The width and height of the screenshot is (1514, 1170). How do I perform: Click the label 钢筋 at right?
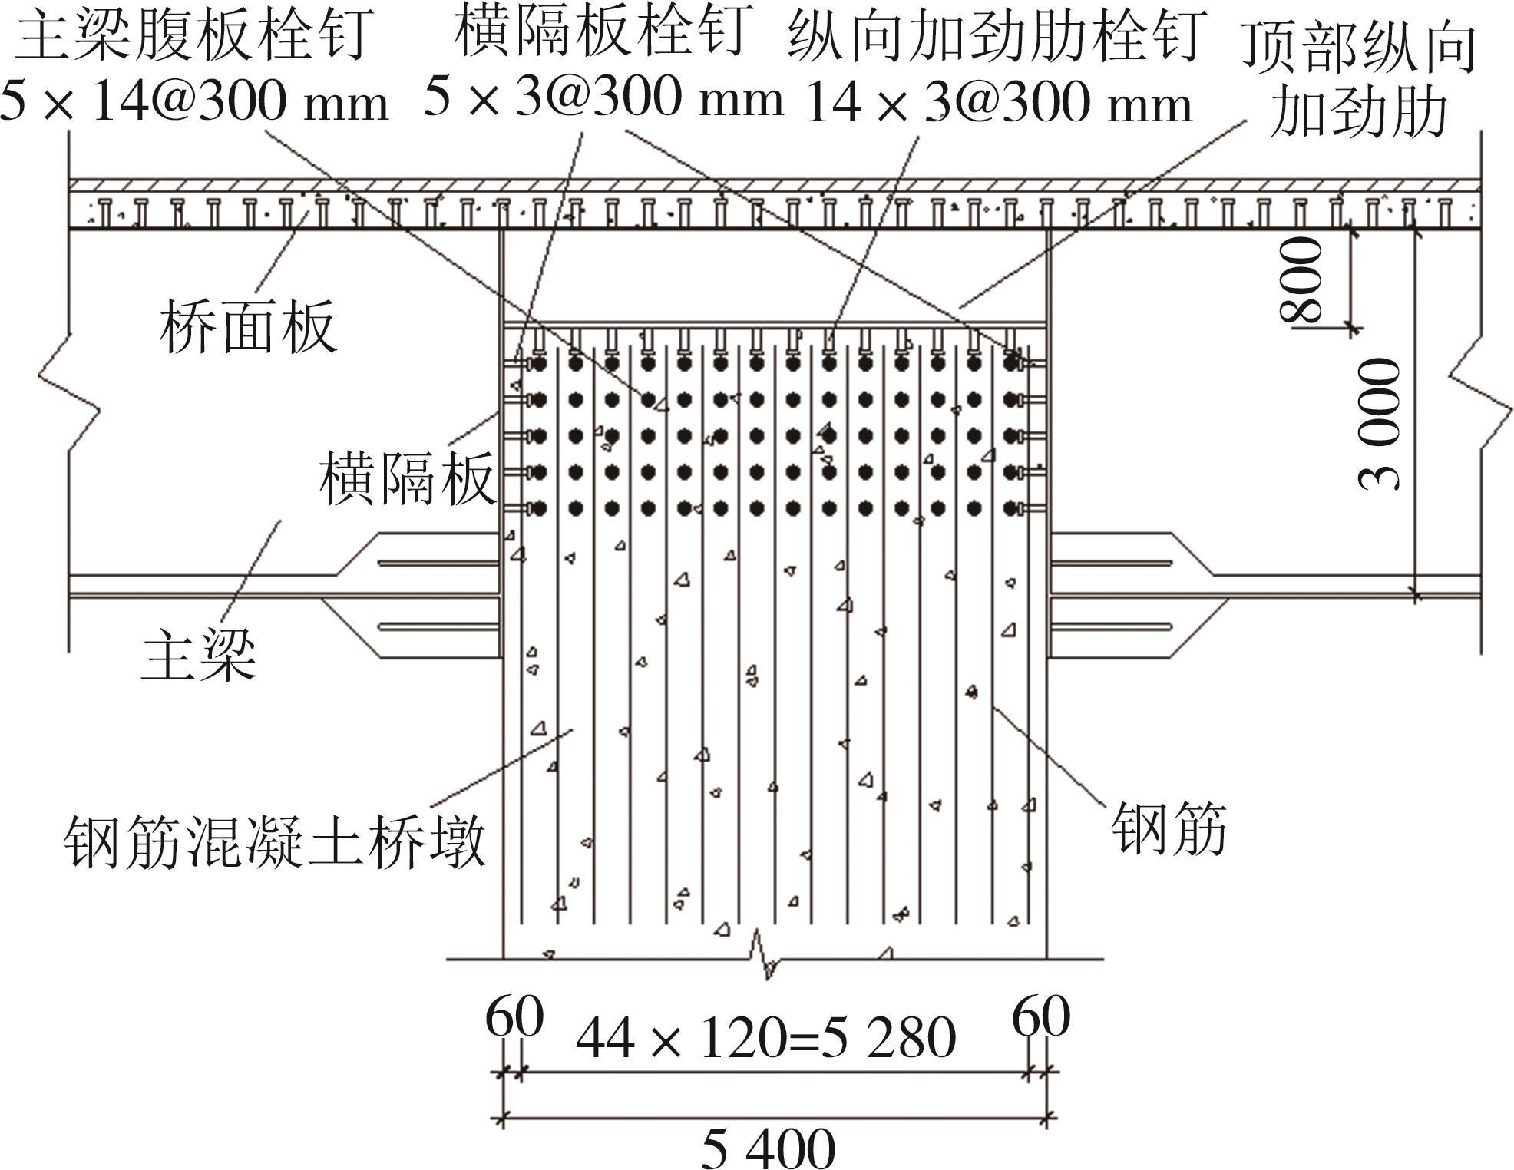coord(1169,829)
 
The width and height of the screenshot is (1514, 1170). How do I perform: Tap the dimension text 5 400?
coord(768,1149)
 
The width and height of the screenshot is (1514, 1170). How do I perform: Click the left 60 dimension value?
coord(514,1017)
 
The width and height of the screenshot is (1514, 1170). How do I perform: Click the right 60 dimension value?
coord(1041,1017)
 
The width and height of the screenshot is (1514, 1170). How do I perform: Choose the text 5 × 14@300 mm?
coord(194,102)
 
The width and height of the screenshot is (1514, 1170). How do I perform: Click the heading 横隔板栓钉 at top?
coord(601,32)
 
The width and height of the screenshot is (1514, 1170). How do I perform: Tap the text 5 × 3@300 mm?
coord(603,97)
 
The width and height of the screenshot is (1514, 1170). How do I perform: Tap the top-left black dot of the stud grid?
coord(539,362)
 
